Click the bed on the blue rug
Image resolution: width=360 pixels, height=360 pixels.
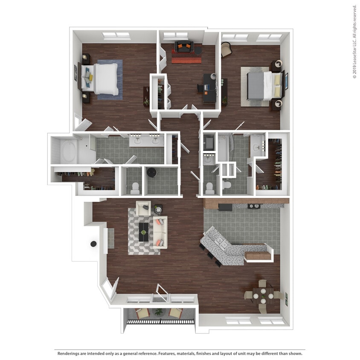pos(102,78)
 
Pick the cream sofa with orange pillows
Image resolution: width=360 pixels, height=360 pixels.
pos(160,232)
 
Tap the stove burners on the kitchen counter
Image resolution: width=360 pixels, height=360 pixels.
pos(254,206)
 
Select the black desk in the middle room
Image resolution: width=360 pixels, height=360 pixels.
pos(209,87)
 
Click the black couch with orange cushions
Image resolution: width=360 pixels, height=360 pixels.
pos(184,46)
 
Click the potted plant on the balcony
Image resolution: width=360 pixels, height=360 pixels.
pos(158,312)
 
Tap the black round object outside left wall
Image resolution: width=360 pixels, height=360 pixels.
pos(93,244)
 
